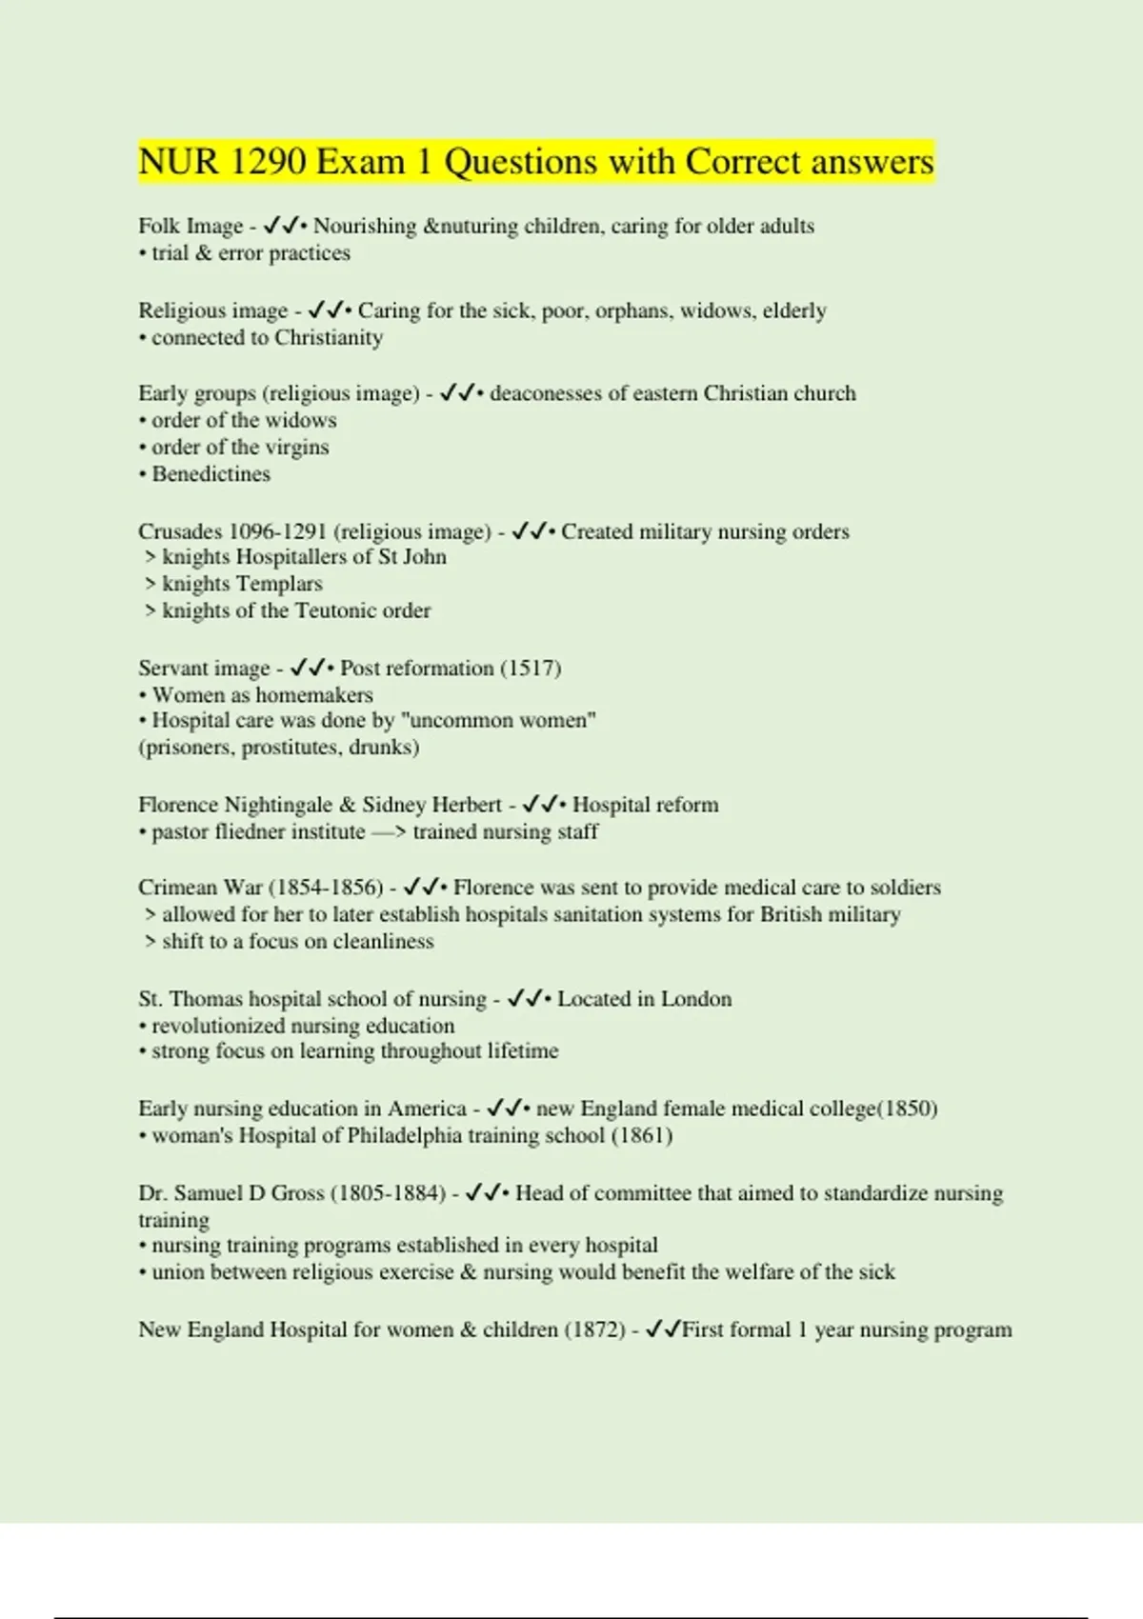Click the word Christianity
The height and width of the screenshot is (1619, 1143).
click(329, 337)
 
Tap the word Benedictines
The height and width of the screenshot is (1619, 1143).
click(211, 474)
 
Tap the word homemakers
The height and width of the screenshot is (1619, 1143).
click(314, 695)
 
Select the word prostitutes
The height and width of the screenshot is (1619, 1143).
click(291, 748)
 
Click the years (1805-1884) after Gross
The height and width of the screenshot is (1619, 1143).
click(388, 1193)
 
